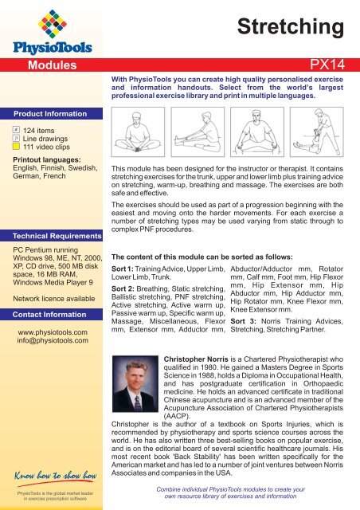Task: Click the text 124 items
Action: [x=41, y=128]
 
